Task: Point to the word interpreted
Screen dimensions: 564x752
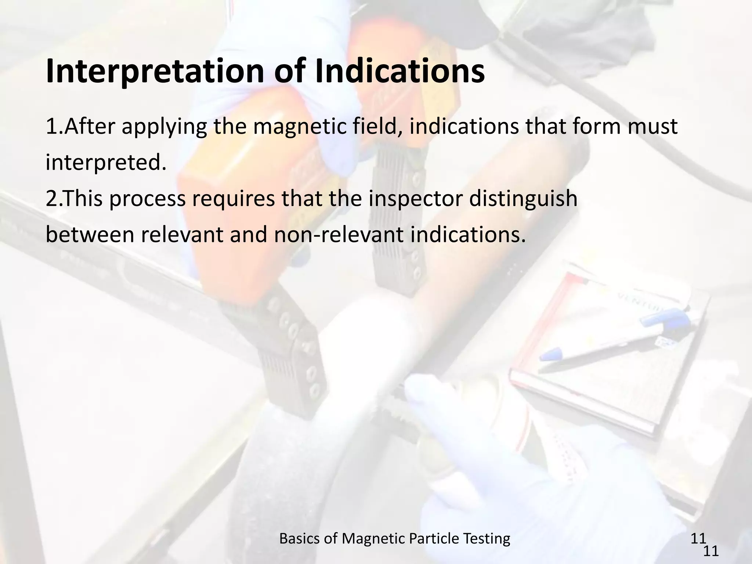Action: [x=106, y=163]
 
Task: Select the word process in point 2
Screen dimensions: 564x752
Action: [x=147, y=199]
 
